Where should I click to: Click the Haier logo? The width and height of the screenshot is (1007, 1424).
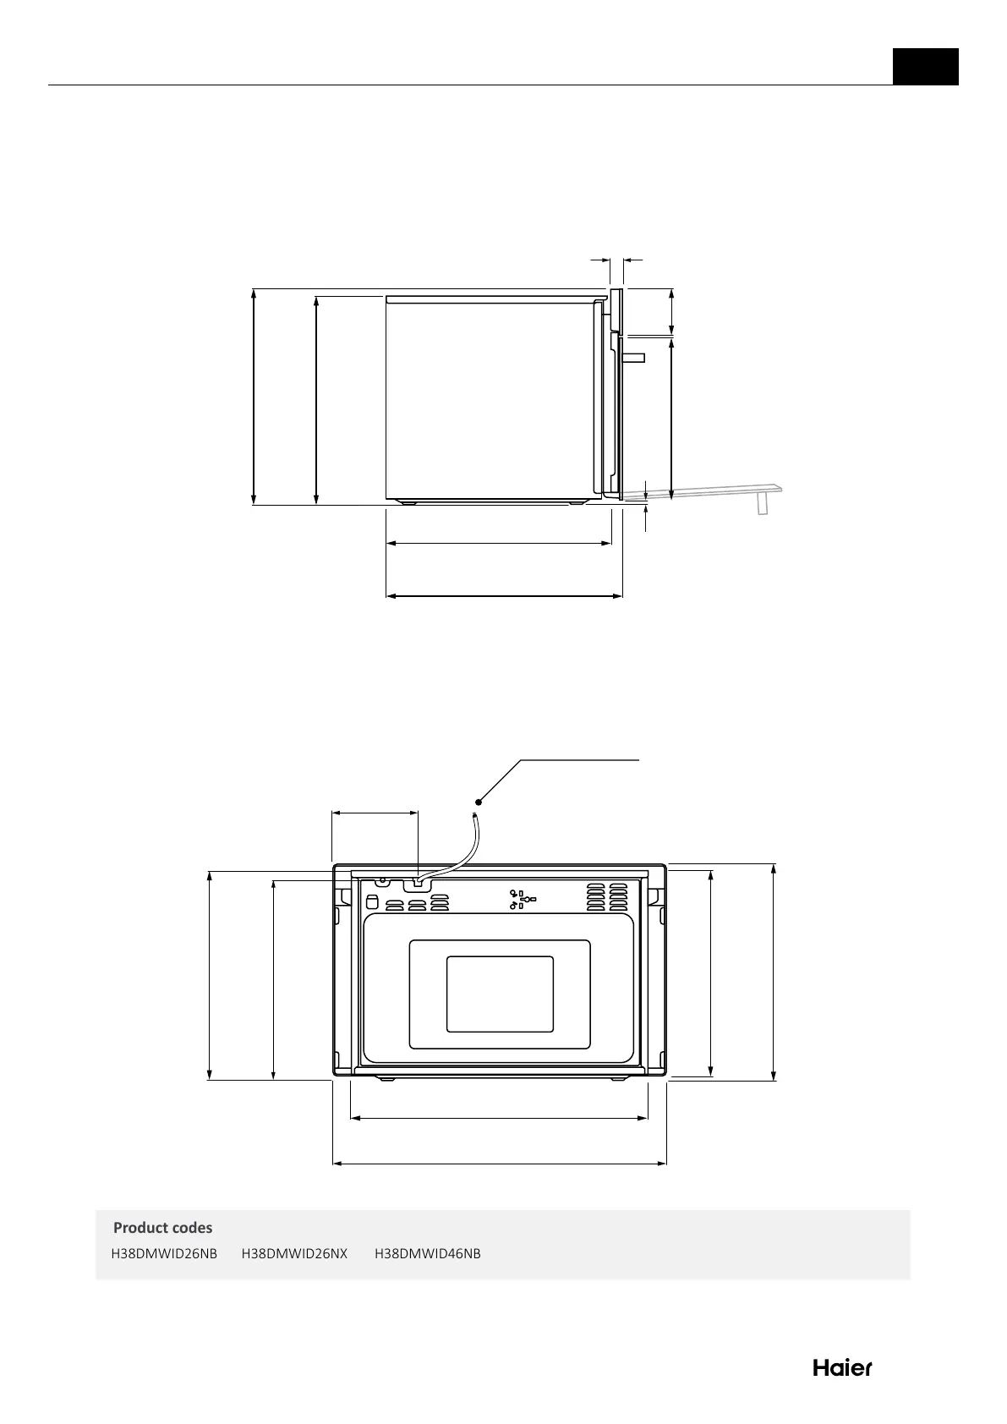pos(842,1368)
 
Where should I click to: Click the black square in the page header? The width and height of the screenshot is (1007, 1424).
pos(925,67)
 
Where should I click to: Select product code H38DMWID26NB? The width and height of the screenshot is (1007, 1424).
pos(164,1253)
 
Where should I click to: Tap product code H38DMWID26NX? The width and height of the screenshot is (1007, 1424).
pos(294,1253)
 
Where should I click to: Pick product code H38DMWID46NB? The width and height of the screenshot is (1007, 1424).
pos(428,1253)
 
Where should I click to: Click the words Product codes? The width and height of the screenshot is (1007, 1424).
pos(162,1227)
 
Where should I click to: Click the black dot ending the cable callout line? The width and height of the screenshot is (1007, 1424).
pos(479,802)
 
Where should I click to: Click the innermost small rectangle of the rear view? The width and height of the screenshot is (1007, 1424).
pos(500,994)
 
